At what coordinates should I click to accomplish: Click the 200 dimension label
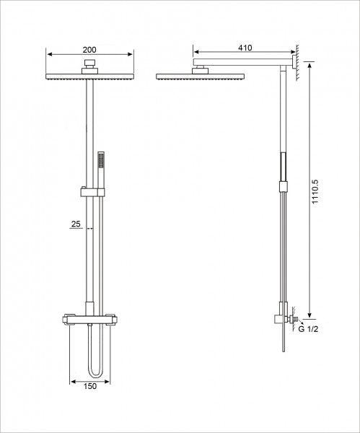click(89, 50)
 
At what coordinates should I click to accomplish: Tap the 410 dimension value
click(245, 48)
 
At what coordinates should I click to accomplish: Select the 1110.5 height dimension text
click(315, 192)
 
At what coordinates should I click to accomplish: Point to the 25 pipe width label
click(76, 224)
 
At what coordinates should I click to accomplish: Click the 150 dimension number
click(90, 386)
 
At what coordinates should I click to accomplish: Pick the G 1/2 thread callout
click(308, 329)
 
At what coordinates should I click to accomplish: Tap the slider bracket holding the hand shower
click(93, 192)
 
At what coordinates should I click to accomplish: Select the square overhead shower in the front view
click(89, 76)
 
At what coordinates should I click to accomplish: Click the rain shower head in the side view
click(200, 76)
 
